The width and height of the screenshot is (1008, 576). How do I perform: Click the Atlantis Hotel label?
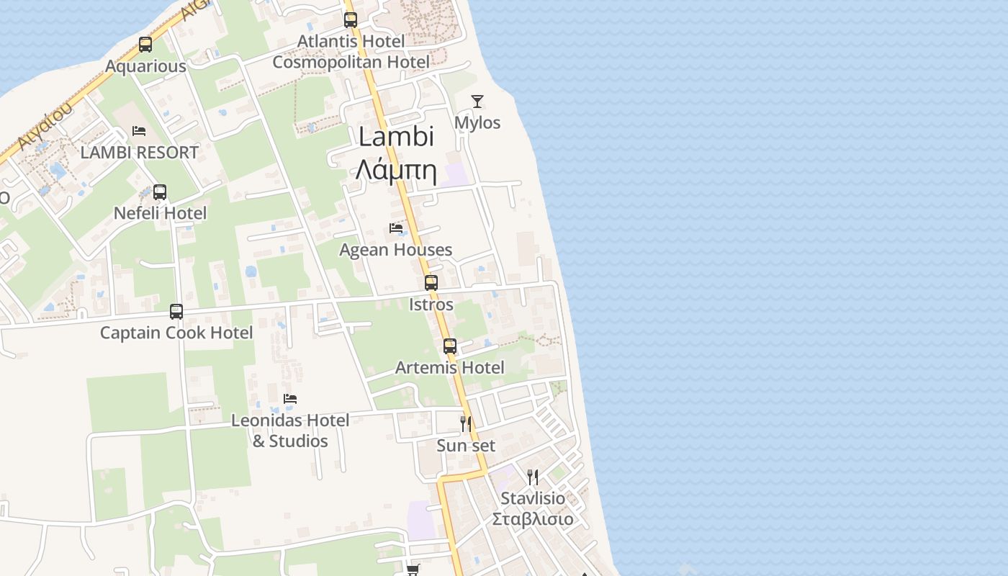(351, 42)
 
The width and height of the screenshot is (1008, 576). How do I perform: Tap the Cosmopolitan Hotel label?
(351, 62)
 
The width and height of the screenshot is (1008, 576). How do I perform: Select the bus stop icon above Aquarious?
(145, 45)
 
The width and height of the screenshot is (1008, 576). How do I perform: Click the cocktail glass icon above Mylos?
(477, 102)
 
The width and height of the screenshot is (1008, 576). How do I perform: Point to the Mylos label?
(477, 123)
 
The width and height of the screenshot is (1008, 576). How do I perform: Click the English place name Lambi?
(397, 137)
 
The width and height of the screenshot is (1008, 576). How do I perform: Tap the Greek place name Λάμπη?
(397, 170)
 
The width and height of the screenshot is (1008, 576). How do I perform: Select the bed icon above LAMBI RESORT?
(139, 131)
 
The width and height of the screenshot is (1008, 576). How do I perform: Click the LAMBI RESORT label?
(139, 153)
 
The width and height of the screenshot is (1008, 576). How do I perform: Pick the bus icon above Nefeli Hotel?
(160, 192)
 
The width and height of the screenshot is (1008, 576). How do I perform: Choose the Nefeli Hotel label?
(160, 213)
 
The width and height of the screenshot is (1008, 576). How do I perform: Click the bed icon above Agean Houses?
(396, 228)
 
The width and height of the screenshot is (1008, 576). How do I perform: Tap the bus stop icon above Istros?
(431, 283)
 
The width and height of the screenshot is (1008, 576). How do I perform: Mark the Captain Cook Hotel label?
(176, 333)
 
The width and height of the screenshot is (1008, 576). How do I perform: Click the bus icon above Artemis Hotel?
(450, 346)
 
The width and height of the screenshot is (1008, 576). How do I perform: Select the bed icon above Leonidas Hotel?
(290, 399)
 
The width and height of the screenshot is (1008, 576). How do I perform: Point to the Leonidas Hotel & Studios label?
(290, 431)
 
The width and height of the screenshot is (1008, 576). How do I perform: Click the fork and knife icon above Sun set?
(466, 423)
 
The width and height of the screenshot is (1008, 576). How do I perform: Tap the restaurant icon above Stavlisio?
(533, 477)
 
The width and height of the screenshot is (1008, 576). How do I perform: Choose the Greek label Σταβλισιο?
(533, 519)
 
